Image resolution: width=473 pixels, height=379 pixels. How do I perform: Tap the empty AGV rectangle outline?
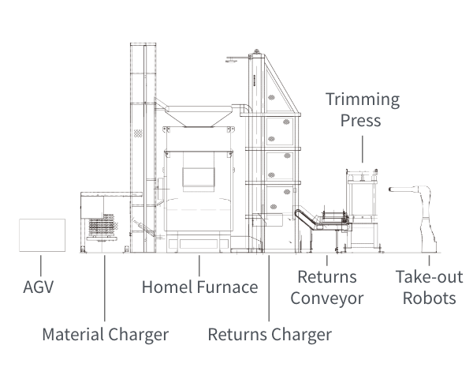tap(42, 235)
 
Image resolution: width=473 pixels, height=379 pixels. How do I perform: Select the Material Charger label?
tap(105, 334)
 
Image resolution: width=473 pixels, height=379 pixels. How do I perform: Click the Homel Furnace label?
tap(199, 287)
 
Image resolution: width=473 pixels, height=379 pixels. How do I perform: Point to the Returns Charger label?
tap(270, 334)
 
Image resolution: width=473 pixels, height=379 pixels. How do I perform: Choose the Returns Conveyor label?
tap(326, 287)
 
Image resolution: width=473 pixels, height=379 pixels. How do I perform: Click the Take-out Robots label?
tap(429, 287)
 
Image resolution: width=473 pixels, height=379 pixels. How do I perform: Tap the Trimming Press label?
tap(363, 111)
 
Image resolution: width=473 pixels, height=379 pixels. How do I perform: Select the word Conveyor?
tap(326, 298)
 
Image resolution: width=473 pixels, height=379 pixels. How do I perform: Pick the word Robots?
tap(429, 298)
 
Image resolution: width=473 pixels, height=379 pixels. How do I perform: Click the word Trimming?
tap(363, 100)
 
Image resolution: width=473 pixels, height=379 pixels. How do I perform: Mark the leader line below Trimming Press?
tap(363, 148)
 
